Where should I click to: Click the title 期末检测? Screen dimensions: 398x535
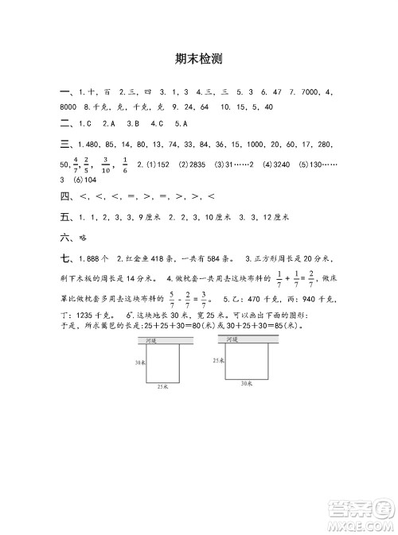(198, 58)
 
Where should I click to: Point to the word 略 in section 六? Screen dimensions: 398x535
(82, 237)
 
